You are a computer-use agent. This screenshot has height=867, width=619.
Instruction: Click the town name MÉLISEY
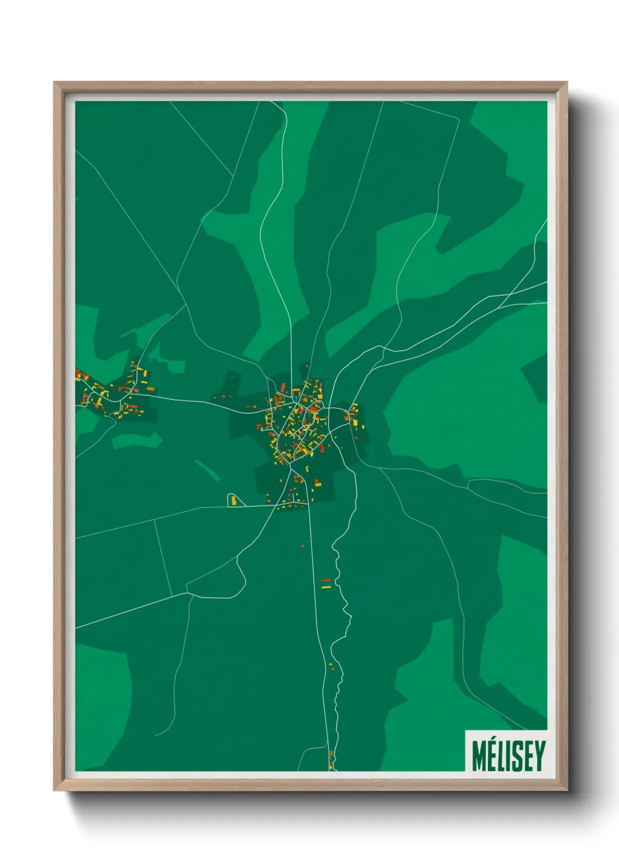[x=508, y=756]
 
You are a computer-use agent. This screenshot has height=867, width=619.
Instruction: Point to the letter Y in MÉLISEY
[x=539, y=756]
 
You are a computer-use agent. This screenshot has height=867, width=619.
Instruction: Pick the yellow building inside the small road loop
[x=234, y=500]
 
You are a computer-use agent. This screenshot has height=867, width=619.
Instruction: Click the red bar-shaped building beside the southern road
[x=326, y=580]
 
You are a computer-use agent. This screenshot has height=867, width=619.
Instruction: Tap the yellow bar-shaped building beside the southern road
[x=326, y=586]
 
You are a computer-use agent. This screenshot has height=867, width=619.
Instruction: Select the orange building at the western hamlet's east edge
[x=150, y=388]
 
